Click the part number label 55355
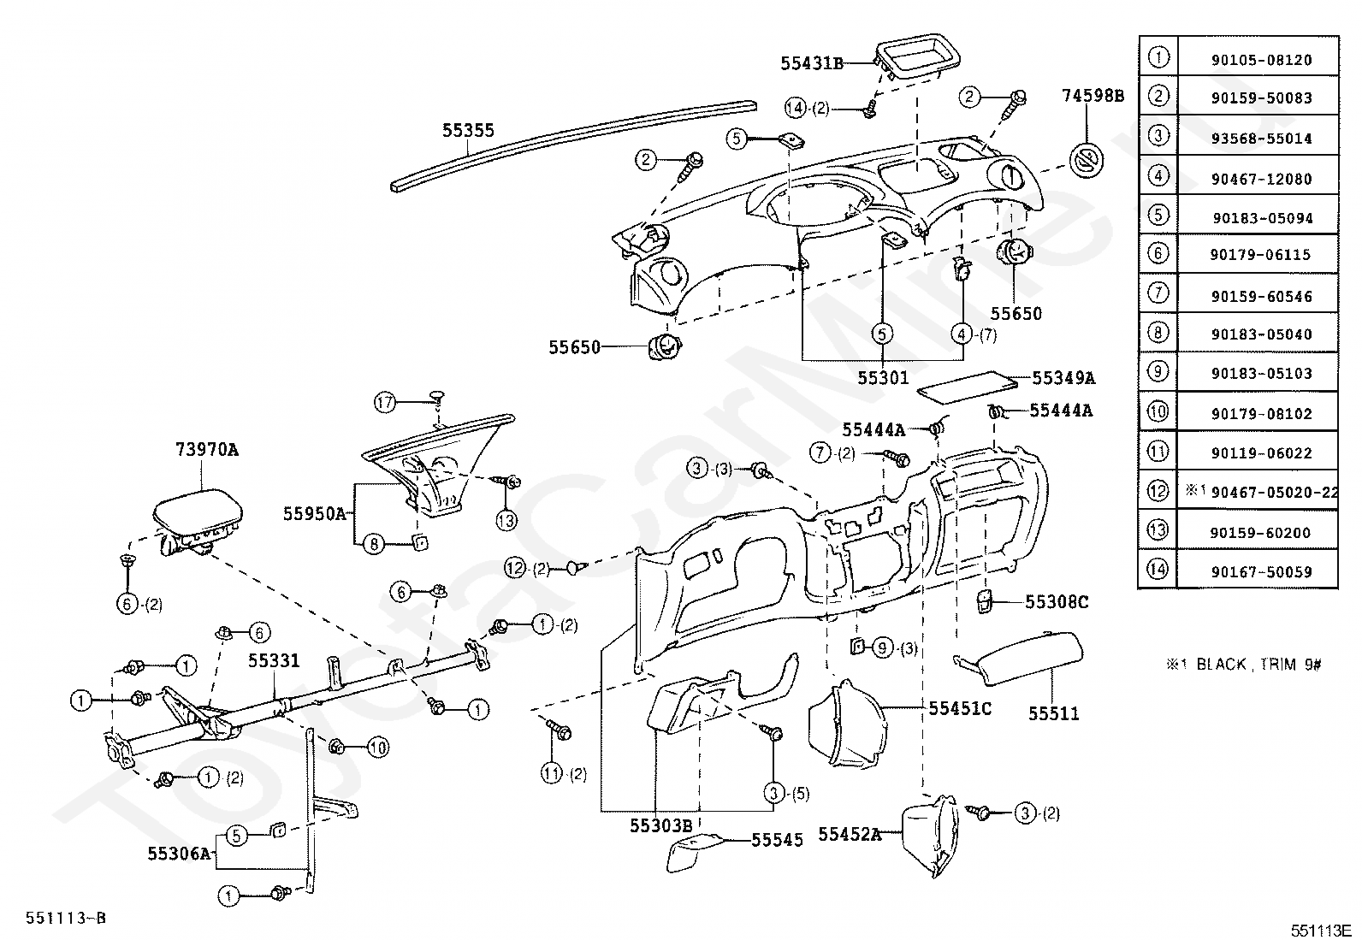[468, 130]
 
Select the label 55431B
[812, 63]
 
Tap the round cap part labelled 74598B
[1086, 161]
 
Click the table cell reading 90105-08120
[1262, 60]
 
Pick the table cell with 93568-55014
[1262, 139]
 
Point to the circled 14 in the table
[1158, 569]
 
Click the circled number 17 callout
[385, 402]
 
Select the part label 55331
[274, 660]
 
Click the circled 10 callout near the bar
[377, 748]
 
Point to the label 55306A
[179, 854]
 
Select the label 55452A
[850, 834]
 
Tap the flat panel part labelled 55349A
[967, 387]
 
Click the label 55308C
[1057, 602]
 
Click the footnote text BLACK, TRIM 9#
[1258, 664]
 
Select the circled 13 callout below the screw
[506, 521]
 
